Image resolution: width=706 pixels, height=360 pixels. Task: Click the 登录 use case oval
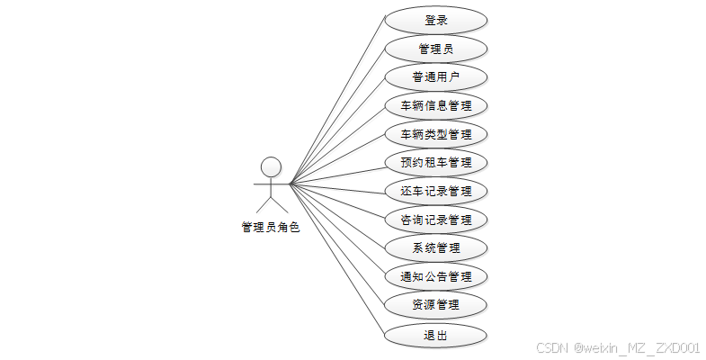coord(436,20)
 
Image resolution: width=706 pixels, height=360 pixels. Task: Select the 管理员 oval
coord(436,49)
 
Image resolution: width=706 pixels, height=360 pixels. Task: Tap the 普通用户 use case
coord(436,76)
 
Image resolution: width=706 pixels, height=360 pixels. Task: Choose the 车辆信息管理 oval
coord(436,105)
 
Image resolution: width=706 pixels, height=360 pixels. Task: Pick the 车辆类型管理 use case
coord(436,134)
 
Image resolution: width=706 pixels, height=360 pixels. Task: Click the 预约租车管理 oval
coord(436,163)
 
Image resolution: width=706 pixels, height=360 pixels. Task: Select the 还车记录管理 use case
coord(436,191)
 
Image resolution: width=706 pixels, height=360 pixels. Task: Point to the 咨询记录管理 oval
coord(436,220)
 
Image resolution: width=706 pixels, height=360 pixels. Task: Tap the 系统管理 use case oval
coord(436,247)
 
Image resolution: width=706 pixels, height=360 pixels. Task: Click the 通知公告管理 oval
coord(436,276)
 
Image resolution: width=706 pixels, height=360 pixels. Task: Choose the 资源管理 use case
coord(436,305)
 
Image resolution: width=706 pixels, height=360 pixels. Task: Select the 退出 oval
coord(436,336)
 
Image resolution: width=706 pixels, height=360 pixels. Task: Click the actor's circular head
coord(271,166)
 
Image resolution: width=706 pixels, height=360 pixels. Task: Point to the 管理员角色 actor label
coord(271,228)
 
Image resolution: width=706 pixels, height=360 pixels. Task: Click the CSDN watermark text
coord(617,348)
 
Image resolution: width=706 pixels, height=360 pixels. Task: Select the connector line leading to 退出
coord(337,261)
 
